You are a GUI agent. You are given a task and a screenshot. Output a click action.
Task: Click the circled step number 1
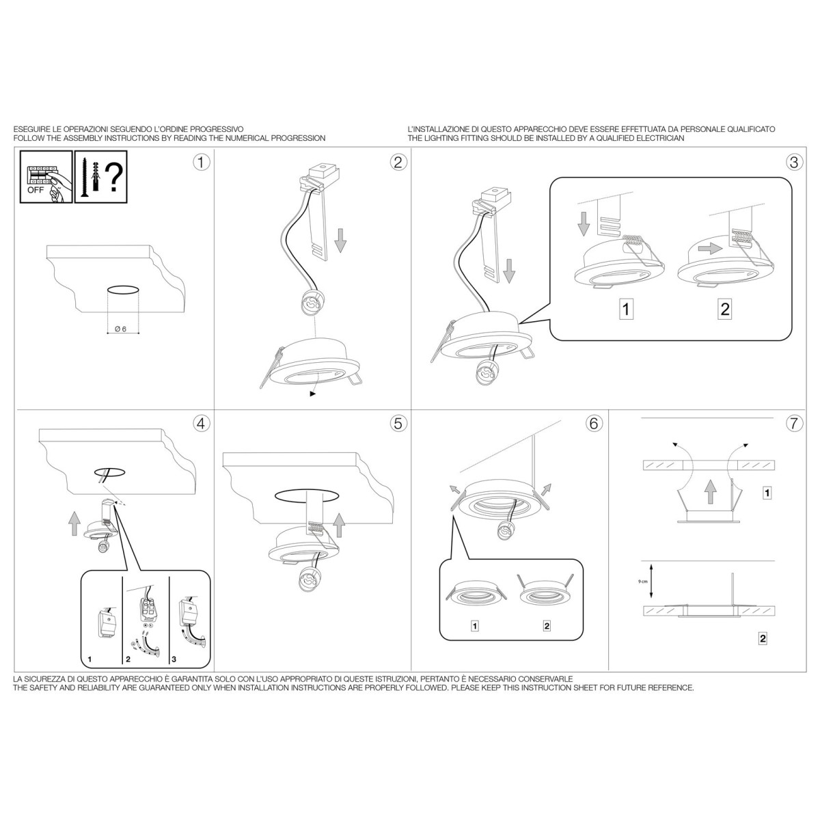pos(202,163)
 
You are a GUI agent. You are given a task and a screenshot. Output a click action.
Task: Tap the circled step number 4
pos(202,424)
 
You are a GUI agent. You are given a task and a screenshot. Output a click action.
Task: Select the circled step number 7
pos(794,424)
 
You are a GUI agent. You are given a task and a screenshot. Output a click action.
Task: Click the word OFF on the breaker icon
pos(36,190)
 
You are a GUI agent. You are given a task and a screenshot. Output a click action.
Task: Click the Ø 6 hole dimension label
pos(121,329)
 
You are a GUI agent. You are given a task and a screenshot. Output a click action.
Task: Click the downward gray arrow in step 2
pos(340,241)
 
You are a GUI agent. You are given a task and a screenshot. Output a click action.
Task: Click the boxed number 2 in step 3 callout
pos(725,309)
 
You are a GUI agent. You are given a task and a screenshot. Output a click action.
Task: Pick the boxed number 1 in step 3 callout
pos(626,309)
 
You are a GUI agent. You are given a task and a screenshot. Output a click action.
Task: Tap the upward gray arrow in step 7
pos(709,492)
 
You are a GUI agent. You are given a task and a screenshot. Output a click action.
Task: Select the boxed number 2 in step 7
pos(763,651)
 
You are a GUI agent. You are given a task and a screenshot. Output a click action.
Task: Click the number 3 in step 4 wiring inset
pos(174,659)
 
